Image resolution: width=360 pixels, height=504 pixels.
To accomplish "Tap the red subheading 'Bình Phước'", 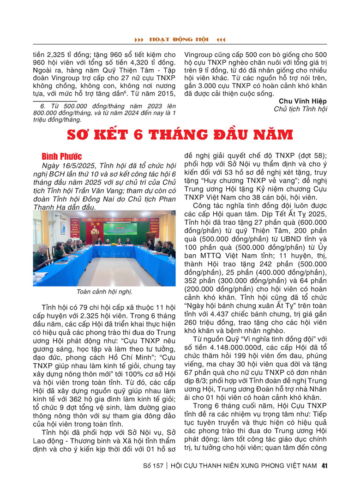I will coord(62,156).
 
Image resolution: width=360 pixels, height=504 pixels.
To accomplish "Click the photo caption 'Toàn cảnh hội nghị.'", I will coord(104,292).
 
